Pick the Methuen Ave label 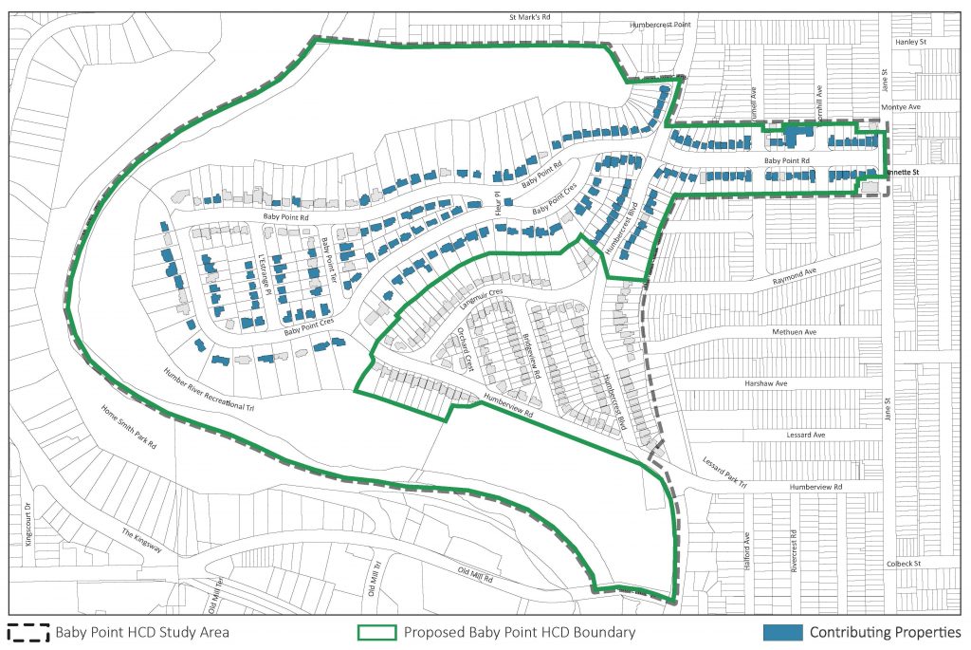pyautogui.click(x=795, y=333)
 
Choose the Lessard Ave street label pyautogui.click(x=804, y=435)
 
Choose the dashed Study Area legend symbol pyautogui.click(x=28, y=632)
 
